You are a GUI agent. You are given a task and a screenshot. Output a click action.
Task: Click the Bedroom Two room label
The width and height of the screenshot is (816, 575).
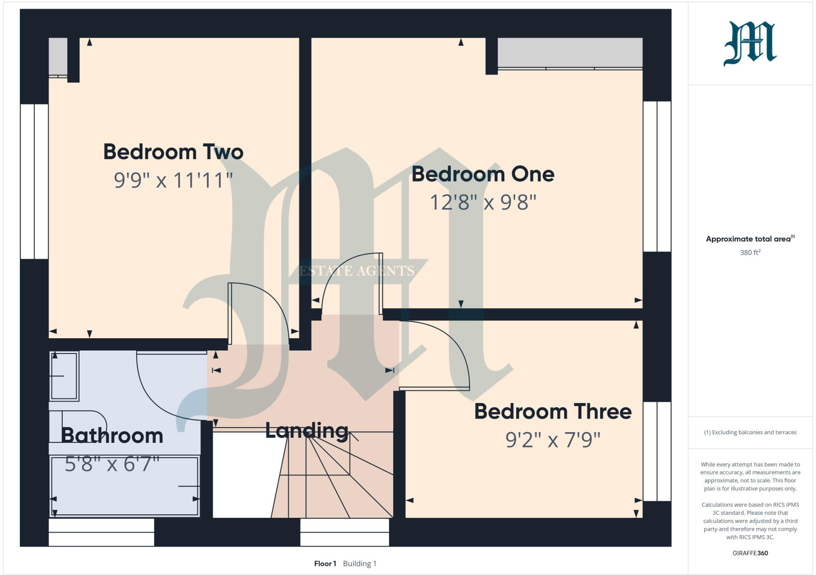pyautogui.click(x=173, y=152)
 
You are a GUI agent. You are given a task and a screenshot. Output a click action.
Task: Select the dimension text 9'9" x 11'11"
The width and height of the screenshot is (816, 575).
pyautogui.click(x=173, y=180)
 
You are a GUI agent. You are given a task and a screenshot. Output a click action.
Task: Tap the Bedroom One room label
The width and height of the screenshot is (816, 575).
pyautogui.click(x=483, y=174)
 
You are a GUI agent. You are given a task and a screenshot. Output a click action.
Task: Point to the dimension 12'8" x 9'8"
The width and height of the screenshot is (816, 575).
pyautogui.click(x=483, y=203)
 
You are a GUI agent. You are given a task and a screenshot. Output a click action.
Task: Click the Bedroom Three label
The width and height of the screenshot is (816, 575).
pyautogui.click(x=553, y=411)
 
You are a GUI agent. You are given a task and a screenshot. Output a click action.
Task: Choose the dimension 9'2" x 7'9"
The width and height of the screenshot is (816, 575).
pyautogui.click(x=553, y=439)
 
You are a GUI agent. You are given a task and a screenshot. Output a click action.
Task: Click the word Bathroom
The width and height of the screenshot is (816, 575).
pyautogui.click(x=112, y=436)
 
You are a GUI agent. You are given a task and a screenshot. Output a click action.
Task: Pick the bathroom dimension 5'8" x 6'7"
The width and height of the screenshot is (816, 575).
pyautogui.click(x=112, y=464)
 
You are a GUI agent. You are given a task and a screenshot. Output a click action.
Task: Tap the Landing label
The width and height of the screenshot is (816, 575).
pyautogui.click(x=307, y=431)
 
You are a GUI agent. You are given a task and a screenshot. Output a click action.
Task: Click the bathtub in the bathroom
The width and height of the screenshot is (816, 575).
pyautogui.click(x=124, y=486)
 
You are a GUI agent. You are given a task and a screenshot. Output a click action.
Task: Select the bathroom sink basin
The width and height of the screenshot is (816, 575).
pyautogui.click(x=64, y=376)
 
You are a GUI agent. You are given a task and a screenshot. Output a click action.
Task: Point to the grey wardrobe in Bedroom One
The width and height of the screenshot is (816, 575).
pyautogui.click(x=570, y=52)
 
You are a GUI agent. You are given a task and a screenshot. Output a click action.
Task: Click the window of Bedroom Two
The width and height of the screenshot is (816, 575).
pyautogui.click(x=34, y=181)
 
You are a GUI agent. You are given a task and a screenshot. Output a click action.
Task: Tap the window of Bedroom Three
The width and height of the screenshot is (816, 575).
pyautogui.click(x=657, y=451)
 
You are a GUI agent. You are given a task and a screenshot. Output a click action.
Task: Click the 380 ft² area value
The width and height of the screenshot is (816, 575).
pyautogui.click(x=750, y=253)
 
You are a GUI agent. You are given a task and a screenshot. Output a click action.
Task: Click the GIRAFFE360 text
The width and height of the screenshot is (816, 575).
pyautogui.click(x=750, y=553)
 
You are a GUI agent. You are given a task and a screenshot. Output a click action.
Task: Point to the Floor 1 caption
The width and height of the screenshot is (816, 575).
pyautogui.click(x=325, y=564)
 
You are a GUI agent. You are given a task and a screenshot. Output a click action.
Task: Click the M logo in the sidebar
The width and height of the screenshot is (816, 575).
pyautogui.click(x=750, y=44)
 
